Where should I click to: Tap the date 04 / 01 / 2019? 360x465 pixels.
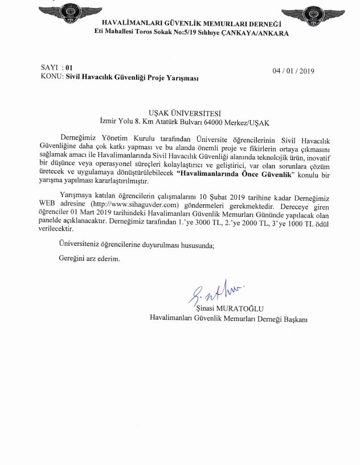coord(294,71)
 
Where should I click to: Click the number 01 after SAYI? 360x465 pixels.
coord(69,67)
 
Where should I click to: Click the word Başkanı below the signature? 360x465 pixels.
coord(293,319)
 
